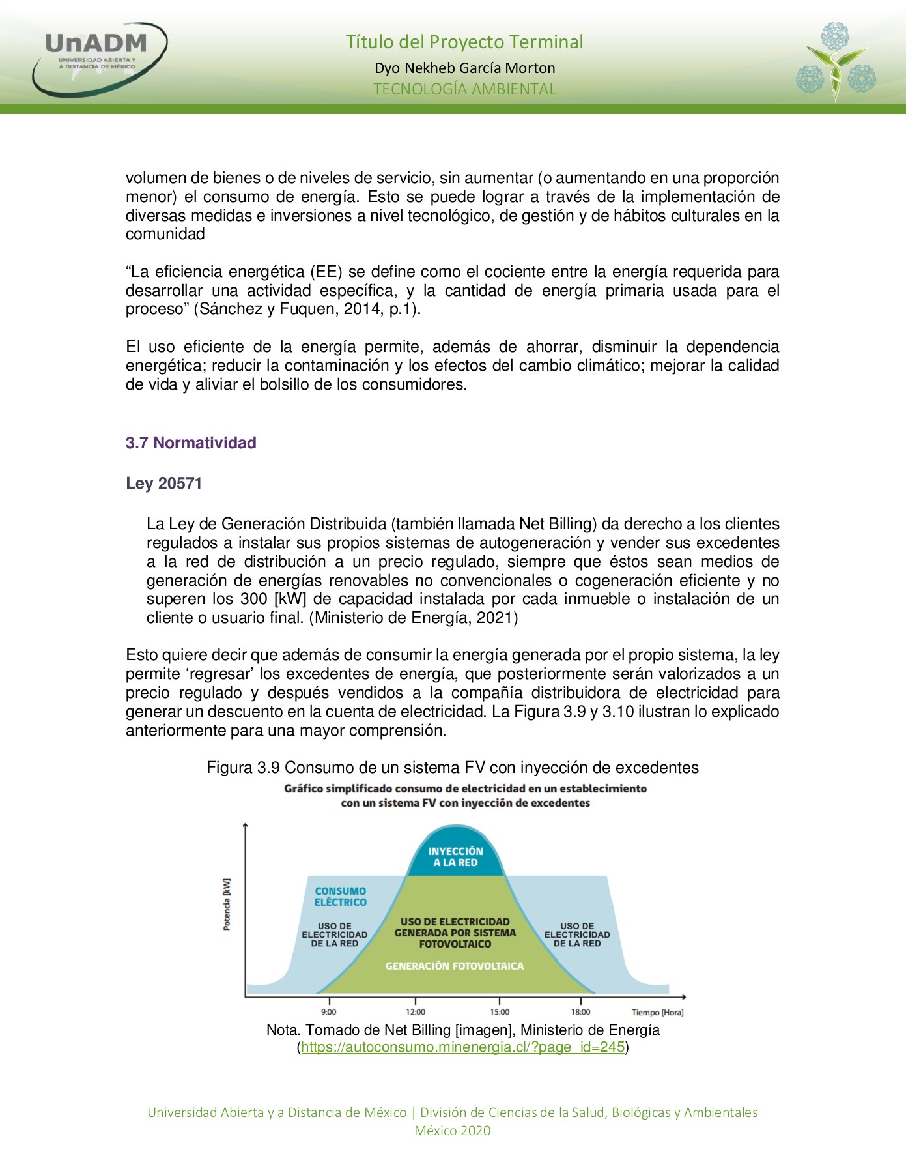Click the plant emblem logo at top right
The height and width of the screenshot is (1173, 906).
coord(836,62)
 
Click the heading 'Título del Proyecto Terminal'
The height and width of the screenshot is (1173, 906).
coord(464,42)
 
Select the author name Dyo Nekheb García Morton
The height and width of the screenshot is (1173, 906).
coord(464,68)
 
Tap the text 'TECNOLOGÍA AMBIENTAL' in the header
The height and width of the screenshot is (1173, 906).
coord(464,89)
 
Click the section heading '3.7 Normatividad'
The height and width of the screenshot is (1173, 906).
coord(191,443)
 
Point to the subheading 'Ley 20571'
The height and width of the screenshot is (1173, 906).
coord(164,484)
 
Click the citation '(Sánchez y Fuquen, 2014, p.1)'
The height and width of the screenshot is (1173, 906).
coord(306,309)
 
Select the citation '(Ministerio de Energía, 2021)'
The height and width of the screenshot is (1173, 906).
coord(414,618)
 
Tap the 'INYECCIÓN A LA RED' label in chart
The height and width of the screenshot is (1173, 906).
coord(455,857)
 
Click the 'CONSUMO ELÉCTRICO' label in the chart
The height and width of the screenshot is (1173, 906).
coord(340,897)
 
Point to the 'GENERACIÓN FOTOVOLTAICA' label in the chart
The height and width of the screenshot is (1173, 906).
coord(454,966)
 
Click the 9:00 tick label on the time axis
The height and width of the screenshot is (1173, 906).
coord(329,1012)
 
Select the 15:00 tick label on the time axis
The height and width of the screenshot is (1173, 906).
coord(500,1012)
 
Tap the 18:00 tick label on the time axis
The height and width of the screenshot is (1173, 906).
coord(580,1012)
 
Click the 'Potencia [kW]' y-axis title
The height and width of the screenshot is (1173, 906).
coord(227,904)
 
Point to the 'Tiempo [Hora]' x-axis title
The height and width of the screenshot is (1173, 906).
coord(657,1013)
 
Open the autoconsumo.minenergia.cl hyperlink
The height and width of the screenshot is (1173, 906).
coord(462,1047)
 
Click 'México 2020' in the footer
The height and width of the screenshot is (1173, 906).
coord(452,1131)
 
